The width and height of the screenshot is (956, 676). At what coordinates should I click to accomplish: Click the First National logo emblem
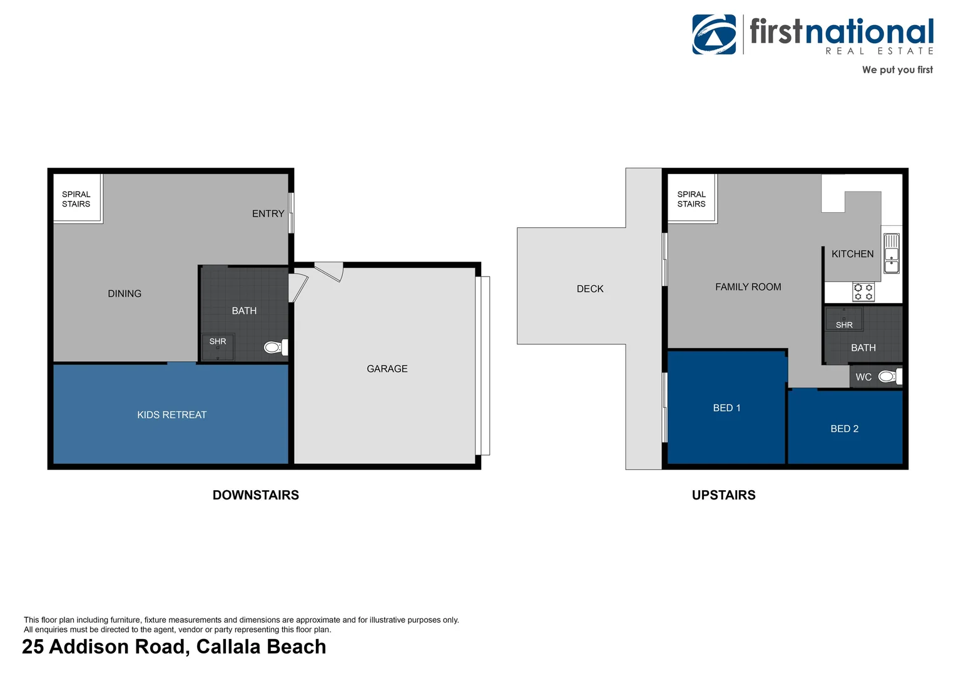[x=714, y=34]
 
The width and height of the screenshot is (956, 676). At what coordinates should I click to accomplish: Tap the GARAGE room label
[x=387, y=369]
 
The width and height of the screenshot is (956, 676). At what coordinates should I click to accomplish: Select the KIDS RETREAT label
[x=171, y=414]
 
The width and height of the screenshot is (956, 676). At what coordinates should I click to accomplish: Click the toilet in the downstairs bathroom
[x=276, y=347]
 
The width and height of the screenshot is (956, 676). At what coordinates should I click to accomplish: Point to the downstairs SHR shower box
[x=218, y=346]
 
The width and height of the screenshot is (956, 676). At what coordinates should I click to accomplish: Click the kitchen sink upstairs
[x=891, y=253]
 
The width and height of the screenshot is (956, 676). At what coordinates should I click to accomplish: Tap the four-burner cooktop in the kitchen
[x=863, y=292]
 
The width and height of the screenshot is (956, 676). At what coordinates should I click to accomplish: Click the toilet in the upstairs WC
[x=890, y=377]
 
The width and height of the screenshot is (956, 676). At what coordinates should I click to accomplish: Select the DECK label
[x=590, y=289]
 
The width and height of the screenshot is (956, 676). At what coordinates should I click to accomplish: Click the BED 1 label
[x=726, y=408]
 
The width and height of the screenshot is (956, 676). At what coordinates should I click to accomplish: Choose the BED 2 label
[x=844, y=429]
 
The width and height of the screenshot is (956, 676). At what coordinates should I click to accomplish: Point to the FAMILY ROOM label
[x=748, y=287]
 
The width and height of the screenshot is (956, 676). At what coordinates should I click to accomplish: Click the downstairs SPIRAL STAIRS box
[x=77, y=198]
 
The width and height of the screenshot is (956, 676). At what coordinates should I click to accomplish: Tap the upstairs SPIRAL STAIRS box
[x=692, y=198]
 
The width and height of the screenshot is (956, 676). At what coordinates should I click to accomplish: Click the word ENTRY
[x=268, y=213]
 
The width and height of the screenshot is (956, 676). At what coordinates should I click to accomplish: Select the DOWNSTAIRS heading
[x=256, y=495]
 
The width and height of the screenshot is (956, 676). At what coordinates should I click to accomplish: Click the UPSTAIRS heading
[x=723, y=495]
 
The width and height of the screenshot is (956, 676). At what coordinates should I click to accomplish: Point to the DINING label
[x=125, y=294]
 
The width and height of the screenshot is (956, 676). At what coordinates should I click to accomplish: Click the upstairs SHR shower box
[x=844, y=319]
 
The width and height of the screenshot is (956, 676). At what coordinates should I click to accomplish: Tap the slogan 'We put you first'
[x=897, y=70]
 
